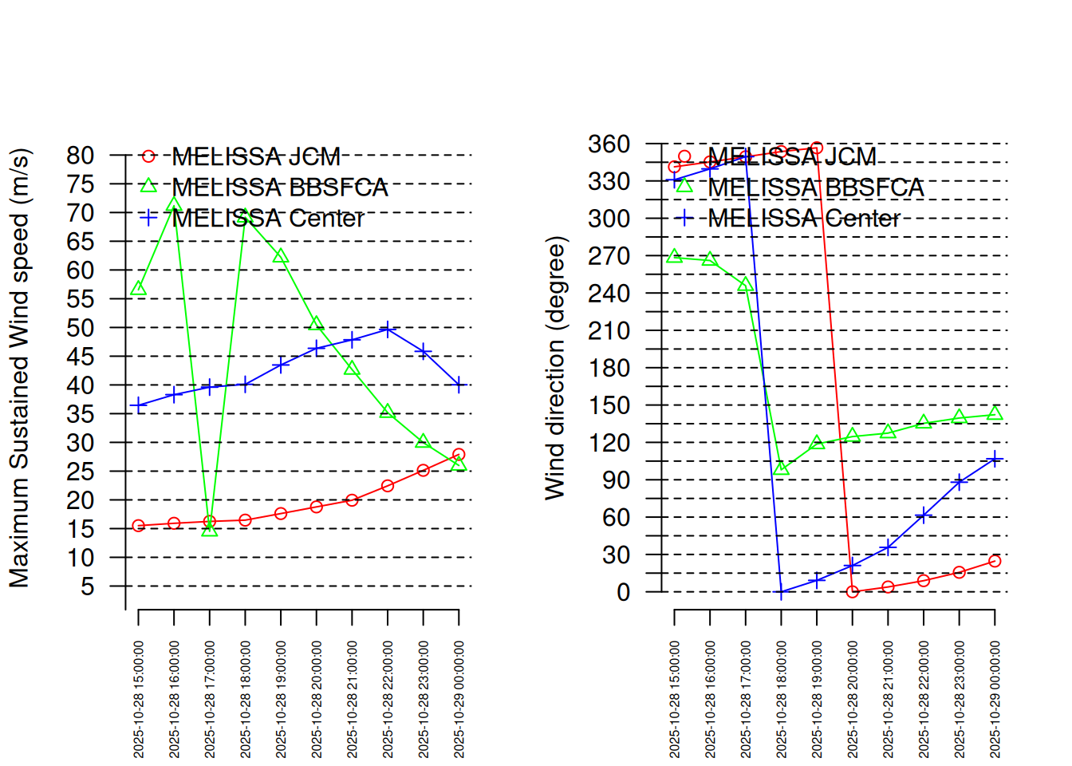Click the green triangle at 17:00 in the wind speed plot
click(210, 529)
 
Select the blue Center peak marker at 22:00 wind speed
click(388, 328)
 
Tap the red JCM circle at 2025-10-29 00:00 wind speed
click(459, 455)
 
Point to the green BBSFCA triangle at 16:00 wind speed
click(174, 205)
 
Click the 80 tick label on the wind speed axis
click(81, 156)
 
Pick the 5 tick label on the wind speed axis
click(87, 586)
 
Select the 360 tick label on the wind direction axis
click(609, 144)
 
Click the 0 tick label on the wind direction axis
click(623, 592)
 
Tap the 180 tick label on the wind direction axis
click(609, 368)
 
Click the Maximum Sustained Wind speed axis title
click(19, 368)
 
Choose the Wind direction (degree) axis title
click(554, 368)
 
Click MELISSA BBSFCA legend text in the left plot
click(280, 188)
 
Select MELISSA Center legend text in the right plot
click(804, 218)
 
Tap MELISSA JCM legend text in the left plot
click(256, 156)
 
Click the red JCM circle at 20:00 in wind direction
click(853, 591)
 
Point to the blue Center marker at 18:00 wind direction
click(782, 593)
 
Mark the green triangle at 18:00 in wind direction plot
click(782, 468)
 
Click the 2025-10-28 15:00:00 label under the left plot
click(139, 699)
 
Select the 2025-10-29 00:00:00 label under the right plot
click(995, 699)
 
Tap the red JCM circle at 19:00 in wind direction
click(817, 148)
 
